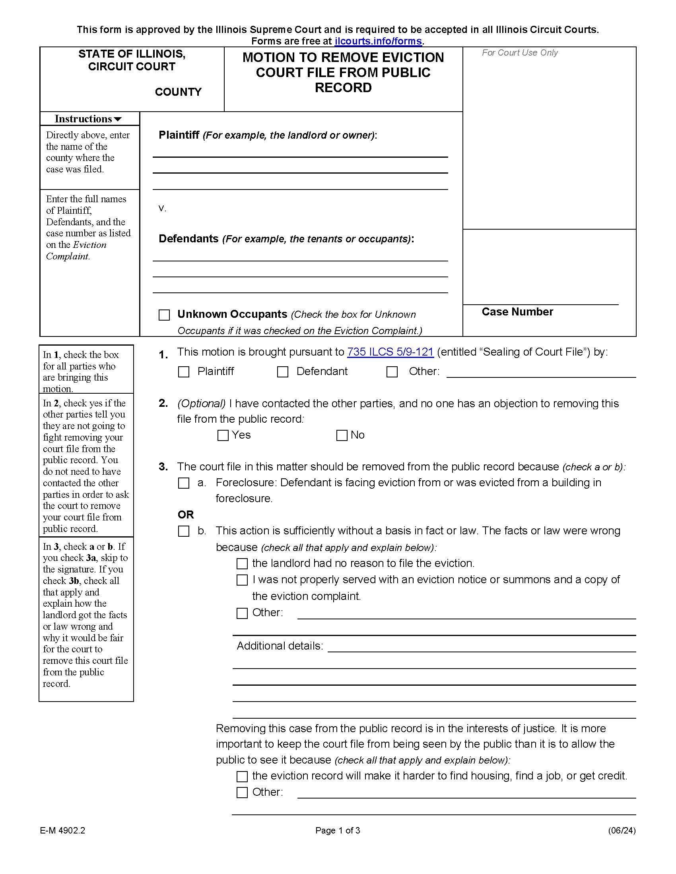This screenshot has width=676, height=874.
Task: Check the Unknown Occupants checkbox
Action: point(164,315)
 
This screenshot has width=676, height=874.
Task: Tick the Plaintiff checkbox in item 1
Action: point(183,372)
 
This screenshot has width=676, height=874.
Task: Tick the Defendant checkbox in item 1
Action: point(283,372)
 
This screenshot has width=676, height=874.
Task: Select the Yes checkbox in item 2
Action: point(223,435)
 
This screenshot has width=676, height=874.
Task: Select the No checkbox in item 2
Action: point(342,435)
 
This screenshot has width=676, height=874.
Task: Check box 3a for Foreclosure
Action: point(183,483)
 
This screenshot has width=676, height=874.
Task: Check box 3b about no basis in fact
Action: point(183,531)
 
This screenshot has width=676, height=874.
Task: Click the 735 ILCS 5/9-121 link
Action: point(390,352)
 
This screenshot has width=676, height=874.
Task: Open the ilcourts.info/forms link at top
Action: point(378,41)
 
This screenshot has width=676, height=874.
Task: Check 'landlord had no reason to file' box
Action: point(242,563)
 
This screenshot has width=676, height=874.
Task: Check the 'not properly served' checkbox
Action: point(242,580)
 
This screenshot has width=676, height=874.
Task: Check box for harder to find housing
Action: point(242,776)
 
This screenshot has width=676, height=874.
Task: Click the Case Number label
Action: point(517,312)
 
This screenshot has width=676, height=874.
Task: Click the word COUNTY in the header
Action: point(178,92)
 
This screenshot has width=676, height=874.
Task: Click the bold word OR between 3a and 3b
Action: point(186,514)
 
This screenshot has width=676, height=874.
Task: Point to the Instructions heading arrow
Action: point(118,119)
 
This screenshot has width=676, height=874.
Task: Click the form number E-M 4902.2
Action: point(62,830)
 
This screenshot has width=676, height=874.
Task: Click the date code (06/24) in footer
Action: point(622,830)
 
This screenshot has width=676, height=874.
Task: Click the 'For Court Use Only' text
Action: point(519,53)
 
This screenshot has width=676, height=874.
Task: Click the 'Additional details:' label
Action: point(280,646)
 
